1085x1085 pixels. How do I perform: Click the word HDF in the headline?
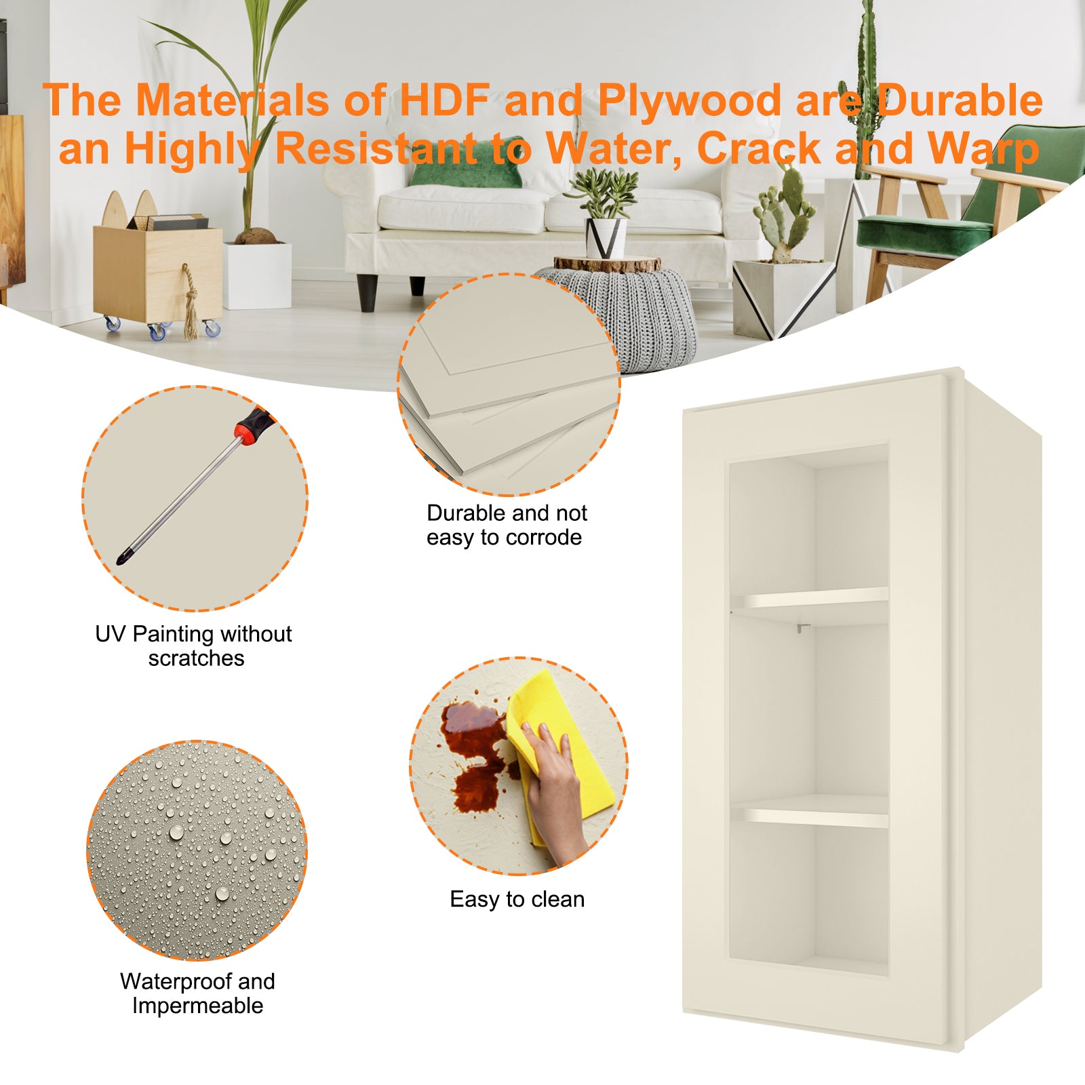click(444, 100)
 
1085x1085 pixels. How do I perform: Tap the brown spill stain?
click(475, 753)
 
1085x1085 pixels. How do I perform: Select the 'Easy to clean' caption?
click(517, 899)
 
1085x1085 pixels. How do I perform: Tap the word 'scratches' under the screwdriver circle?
click(196, 658)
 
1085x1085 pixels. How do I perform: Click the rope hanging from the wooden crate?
click(190, 302)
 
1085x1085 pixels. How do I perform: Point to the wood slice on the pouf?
click(607, 264)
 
